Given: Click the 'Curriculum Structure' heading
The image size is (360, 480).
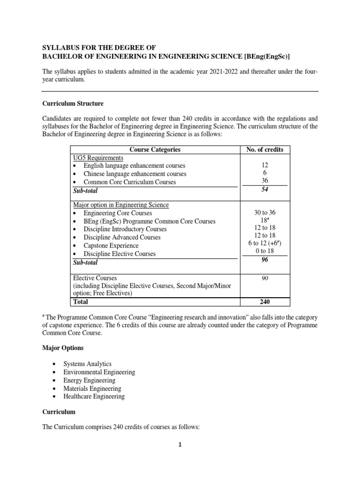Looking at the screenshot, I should (73, 103).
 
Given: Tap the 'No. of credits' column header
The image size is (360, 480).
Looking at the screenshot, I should (265, 150).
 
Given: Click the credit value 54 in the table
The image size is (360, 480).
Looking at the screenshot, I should (265, 190).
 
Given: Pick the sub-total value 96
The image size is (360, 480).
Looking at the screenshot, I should (265, 262).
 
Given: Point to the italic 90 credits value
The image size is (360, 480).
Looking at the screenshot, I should (265, 278).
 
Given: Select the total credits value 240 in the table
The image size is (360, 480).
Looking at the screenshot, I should (265, 302).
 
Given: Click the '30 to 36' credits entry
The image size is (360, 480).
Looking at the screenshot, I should (265, 213).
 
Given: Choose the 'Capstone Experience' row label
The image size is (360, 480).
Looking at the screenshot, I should (111, 246).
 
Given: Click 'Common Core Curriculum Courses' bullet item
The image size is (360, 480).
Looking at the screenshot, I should (129, 182).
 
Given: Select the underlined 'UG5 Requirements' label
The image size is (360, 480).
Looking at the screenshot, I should (98, 157).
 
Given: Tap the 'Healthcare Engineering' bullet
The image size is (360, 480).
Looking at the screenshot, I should (94, 396).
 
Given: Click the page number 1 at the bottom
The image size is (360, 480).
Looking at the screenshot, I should (180, 445).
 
